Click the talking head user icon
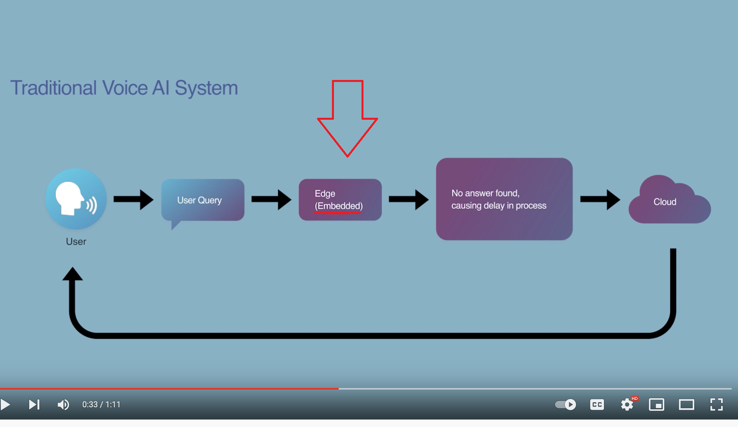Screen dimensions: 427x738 (x=76, y=199)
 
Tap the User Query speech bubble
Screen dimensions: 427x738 (x=203, y=200)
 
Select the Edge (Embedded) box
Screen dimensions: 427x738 (x=340, y=200)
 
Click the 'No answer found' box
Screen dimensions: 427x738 (x=504, y=199)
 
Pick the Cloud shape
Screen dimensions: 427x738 (x=669, y=202)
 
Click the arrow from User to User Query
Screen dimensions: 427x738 (x=133, y=199)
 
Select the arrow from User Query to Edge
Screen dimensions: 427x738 (x=271, y=199)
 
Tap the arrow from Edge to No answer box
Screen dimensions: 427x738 (x=408, y=199)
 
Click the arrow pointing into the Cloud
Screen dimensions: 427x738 (x=600, y=199)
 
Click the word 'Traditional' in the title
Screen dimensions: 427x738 (x=54, y=87)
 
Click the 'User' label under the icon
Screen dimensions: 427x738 (x=76, y=241)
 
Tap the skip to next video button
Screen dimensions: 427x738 (x=34, y=405)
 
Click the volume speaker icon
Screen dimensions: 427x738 (x=63, y=405)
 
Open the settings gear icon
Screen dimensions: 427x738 (x=627, y=405)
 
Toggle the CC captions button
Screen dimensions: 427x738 (x=597, y=405)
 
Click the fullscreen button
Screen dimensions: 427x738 (x=716, y=405)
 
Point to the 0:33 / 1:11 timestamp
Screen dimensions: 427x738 (x=101, y=405)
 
